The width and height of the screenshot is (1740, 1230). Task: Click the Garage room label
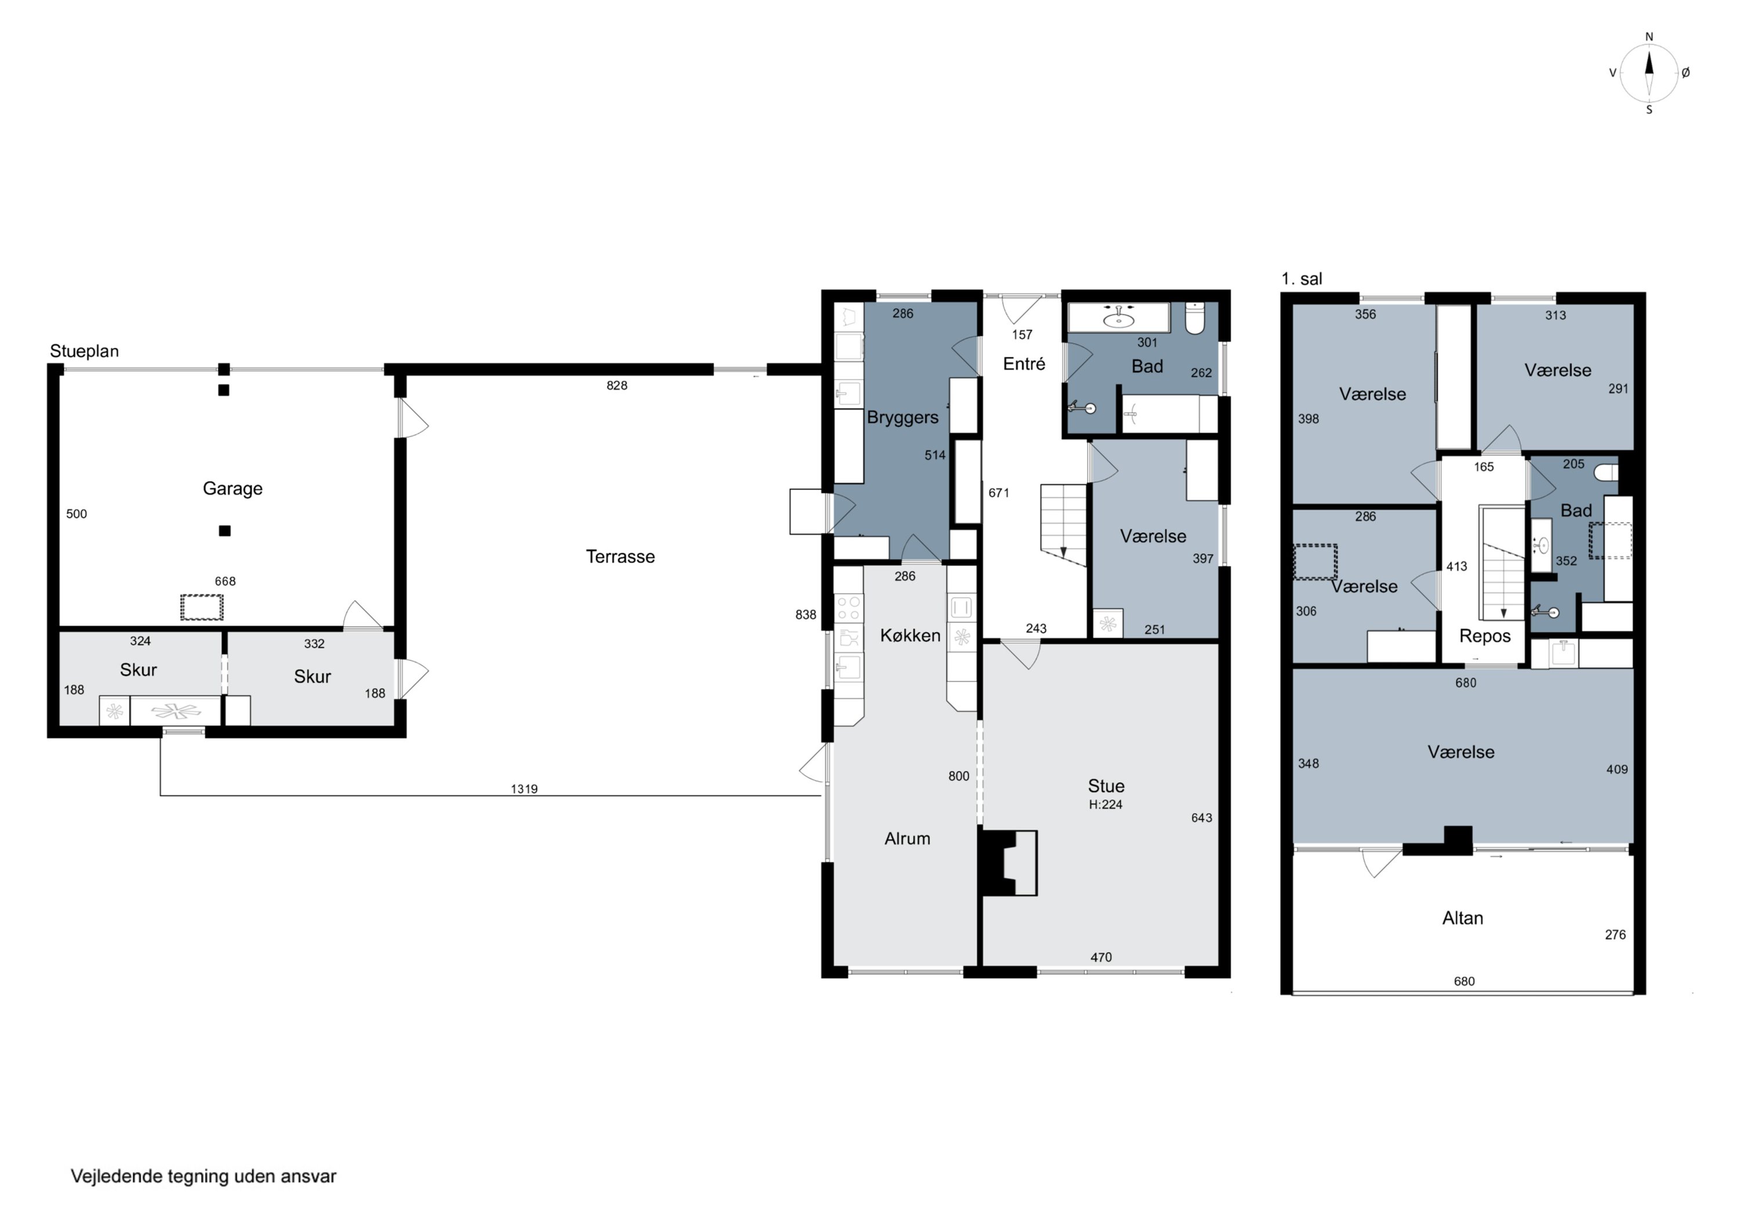click(233, 489)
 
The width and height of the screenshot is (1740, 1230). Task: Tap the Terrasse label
click(620, 557)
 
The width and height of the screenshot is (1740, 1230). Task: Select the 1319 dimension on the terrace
click(524, 789)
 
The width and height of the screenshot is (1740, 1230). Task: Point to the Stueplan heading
click(84, 351)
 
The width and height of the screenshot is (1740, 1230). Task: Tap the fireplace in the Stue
click(1009, 862)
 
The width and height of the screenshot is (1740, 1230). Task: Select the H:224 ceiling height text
click(1105, 805)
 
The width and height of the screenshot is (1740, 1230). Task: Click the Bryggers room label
click(902, 418)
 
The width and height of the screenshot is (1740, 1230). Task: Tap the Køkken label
click(910, 636)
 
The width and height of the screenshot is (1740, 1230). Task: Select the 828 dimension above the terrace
click(617, 386)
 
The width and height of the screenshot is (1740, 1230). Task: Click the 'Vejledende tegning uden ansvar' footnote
click(203, 1176)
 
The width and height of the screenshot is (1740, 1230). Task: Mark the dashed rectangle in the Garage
click(202, 608)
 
